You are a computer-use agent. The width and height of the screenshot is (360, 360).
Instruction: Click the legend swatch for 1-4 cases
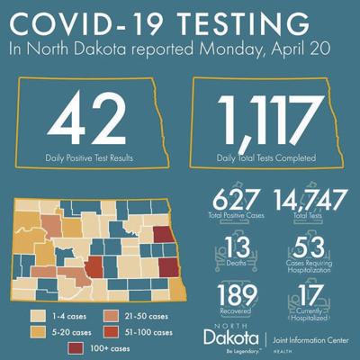click(x=38, y=316)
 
